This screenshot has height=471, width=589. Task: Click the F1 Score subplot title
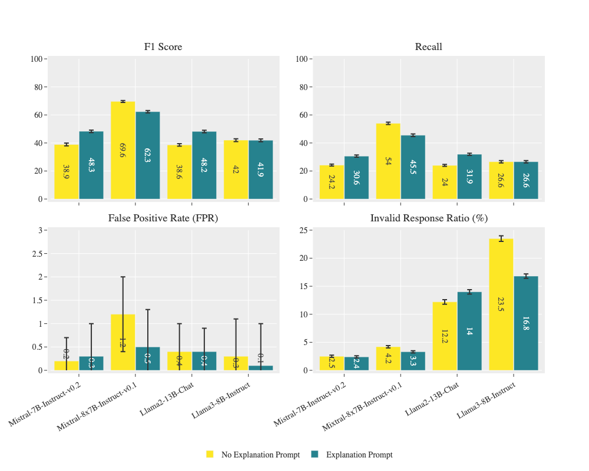click(163, 47)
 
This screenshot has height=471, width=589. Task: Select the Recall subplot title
click(428, 47)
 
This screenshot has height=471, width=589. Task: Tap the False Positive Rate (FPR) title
click(163, 218)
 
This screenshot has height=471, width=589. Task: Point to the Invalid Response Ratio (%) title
click(428, 218)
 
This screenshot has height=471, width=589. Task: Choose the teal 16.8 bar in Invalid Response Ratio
click(526, 323)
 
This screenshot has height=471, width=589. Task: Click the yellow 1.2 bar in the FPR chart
click(123, 342)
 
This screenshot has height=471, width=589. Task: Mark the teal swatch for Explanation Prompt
click(315, 455)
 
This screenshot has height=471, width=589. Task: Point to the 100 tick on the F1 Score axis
click(37, 59)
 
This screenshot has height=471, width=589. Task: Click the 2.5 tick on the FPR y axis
click(37, 254)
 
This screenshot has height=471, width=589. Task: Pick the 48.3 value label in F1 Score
click(91, 165)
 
